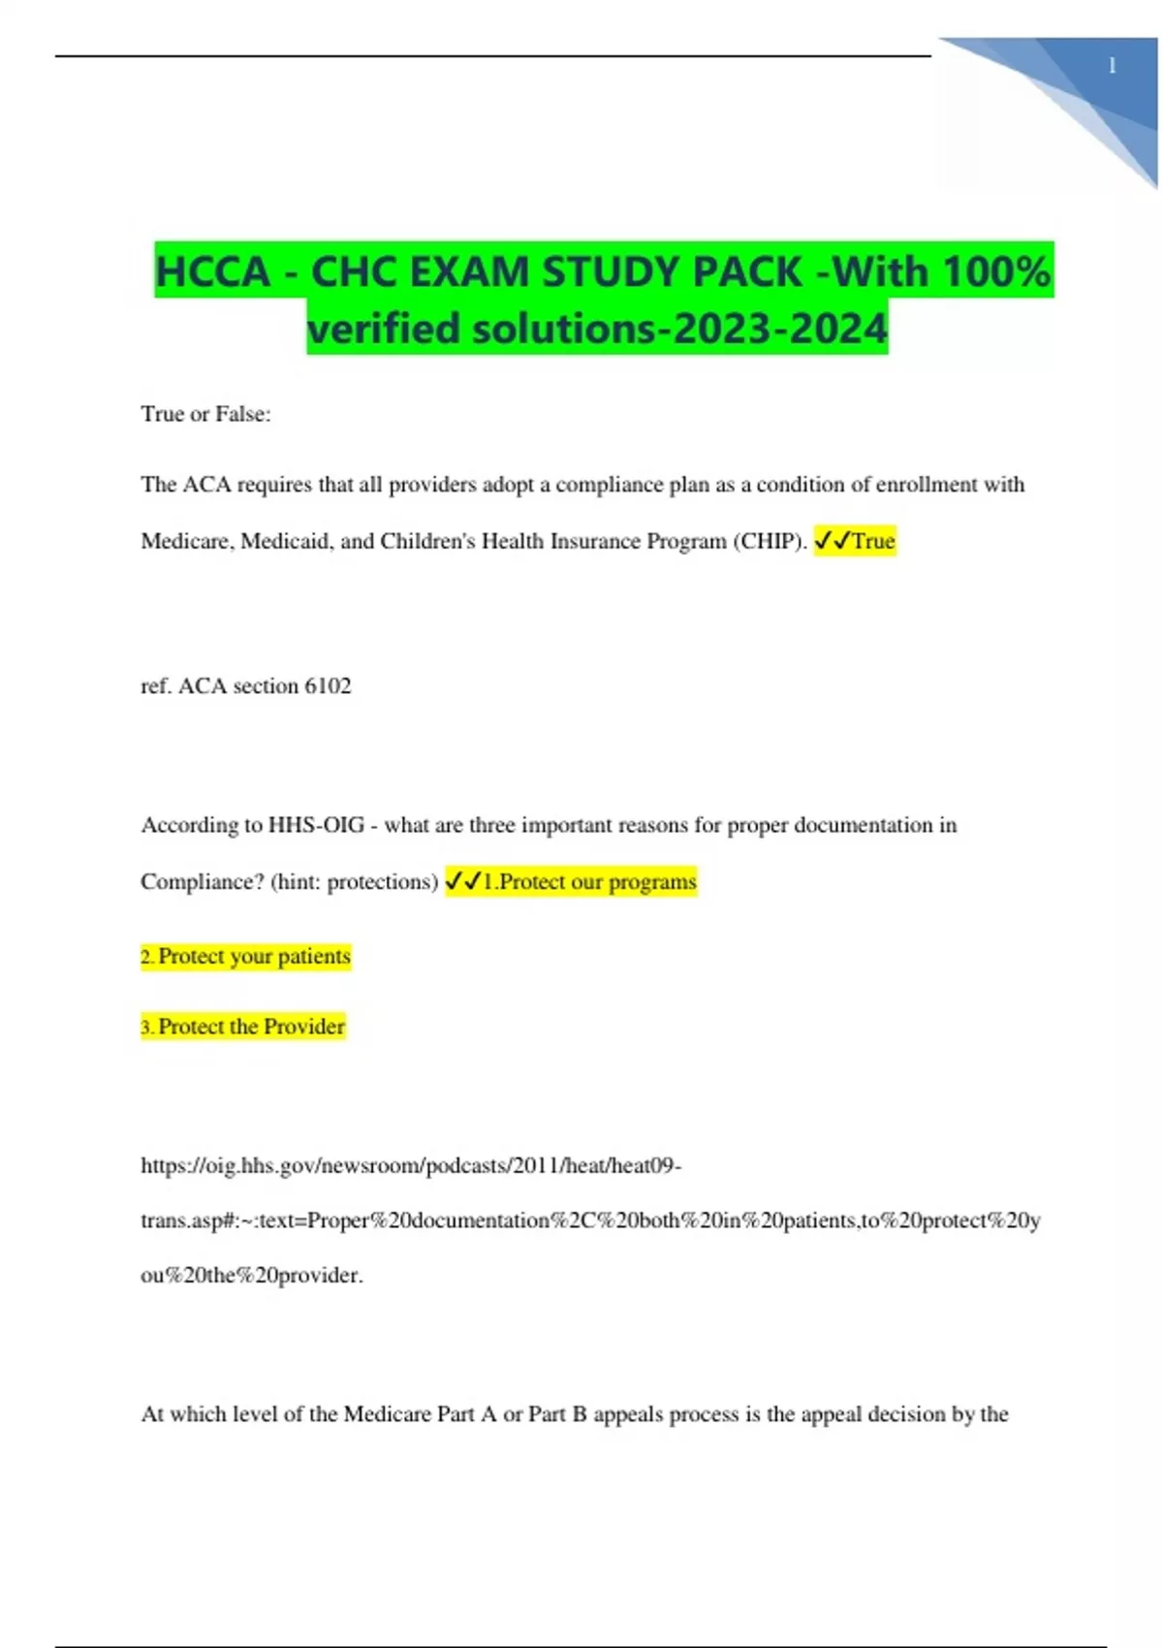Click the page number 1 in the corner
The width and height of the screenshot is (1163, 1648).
tap(1112, 66)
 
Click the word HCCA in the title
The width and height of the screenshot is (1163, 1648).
tap(213, 271)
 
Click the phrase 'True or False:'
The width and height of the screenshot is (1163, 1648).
tap(205, 414)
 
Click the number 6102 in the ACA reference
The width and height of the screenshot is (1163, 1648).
tap(328, 686)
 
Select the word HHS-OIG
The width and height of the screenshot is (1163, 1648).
tap(316, 825)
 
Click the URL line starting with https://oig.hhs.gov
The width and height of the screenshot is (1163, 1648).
tap(411, 1165)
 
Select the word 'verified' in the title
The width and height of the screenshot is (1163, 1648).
tap(384, 329)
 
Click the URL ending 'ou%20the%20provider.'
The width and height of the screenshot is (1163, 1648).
tap(252, 1276)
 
